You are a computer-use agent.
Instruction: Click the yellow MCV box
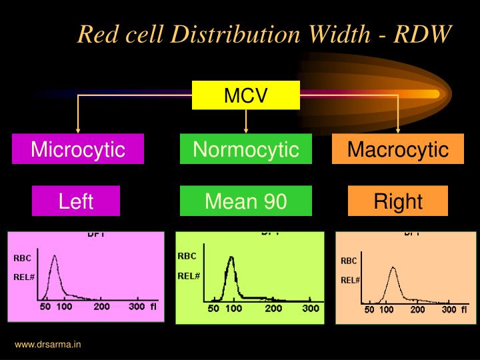tap(245, 95)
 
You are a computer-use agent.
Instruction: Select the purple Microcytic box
tap(78, 149)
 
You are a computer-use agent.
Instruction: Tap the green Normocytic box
tap(245, 149)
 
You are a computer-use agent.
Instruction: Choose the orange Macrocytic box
tap(397, 149)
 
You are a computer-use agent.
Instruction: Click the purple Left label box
tap(76, 201)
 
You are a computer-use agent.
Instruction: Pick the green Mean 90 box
tap(245, 201)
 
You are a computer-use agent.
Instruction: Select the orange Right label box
tap(397, 201)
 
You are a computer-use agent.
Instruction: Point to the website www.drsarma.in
tap(48, 345)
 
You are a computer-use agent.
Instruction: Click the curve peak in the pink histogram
tap(55, 255)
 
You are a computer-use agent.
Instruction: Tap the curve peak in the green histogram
tap(231, 257)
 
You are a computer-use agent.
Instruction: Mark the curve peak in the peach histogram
tap(393, 267)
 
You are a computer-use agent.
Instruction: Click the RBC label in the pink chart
tap(23, 257)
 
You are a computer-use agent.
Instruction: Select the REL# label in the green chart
tap(189, 275)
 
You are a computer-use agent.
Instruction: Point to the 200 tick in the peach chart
tap(417, 309)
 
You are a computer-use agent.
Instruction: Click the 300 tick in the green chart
tap(310, 309)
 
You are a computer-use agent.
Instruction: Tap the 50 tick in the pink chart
tap(45, 307)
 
